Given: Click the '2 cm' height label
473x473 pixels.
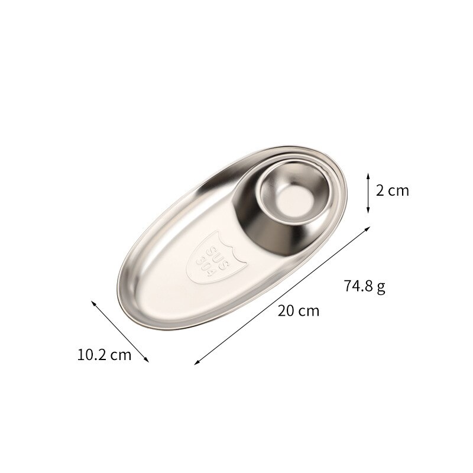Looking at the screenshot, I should click(x=393, y=190).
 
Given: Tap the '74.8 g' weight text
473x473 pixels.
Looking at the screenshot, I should click(x=364, y=287).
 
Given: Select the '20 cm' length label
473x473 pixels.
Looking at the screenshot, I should click(x=299, y=310).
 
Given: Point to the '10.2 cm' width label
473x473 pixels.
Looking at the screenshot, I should click(x=104, y=355).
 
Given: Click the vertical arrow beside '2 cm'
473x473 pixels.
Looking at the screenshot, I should click(x=368, y=192).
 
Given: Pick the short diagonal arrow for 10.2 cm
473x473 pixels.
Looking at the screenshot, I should click(x=120, y=330).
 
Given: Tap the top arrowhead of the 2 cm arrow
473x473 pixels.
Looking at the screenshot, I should click(x=368, y=174).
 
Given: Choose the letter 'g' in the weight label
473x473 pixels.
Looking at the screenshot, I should click(x=381, y=288).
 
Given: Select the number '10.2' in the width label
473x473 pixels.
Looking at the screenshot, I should click(x=91, y=355).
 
